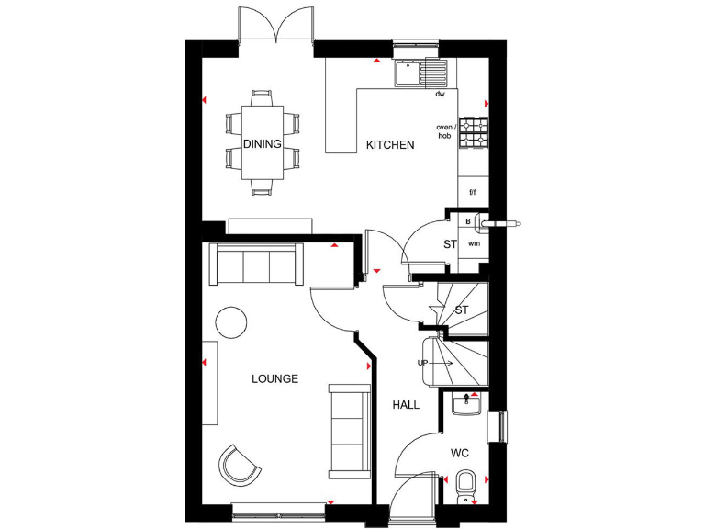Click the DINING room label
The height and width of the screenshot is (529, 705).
[263, 144]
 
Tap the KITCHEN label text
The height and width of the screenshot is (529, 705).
[390, 145]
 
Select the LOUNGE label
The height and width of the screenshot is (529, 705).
[275, 378]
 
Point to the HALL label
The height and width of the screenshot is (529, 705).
[406, 405]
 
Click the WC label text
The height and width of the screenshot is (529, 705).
[460, 454]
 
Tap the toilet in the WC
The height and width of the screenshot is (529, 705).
[465, 484]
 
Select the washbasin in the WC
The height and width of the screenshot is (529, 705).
[469, 402]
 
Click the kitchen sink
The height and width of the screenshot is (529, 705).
[420, 72]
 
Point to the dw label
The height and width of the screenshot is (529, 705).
[441, 95]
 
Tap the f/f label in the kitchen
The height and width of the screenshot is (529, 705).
[473, 193]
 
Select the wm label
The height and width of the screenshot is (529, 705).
[474, 244]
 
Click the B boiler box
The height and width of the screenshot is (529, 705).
[467, 221]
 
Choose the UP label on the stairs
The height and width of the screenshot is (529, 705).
[423, 363]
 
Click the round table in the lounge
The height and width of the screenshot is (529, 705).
[231, 322]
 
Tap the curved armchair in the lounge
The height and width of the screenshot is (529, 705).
[240, 465]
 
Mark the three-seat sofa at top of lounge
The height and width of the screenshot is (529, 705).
[256, 265]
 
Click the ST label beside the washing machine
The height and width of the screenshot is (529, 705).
[450, 244]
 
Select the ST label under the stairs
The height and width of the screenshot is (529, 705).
[462, 310]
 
